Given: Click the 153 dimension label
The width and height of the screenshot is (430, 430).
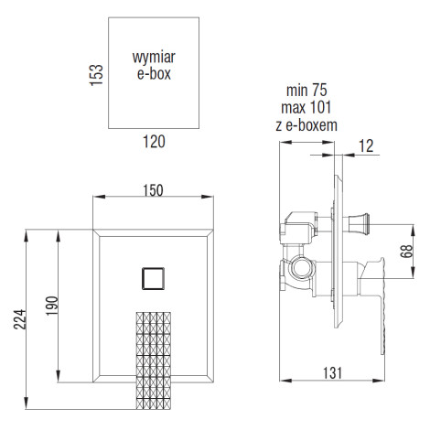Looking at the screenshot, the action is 96,75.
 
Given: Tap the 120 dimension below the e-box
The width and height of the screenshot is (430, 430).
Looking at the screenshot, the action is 154,142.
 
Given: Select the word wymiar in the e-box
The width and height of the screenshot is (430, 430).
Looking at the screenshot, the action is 154,58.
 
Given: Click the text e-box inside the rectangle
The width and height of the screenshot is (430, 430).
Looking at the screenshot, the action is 154,74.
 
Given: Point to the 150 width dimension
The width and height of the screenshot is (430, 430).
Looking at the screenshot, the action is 153,190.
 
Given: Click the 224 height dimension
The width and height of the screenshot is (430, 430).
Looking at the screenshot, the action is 20,319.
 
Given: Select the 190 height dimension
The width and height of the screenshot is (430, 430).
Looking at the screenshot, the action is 52,306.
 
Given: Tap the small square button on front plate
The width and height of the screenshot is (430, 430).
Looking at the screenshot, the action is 153,278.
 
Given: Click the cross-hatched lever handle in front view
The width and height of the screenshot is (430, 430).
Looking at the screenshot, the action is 153,360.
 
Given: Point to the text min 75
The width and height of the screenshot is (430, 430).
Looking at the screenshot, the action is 306,91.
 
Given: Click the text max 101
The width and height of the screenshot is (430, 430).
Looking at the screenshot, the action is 306,107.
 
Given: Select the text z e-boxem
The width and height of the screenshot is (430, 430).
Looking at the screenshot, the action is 306,125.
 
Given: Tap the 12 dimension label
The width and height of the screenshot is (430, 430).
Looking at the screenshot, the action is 366,146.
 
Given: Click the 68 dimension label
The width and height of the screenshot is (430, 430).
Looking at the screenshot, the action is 406,252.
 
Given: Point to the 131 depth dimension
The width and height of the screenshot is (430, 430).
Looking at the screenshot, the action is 332,373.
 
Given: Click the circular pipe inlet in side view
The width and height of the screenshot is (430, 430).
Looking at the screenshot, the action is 300,267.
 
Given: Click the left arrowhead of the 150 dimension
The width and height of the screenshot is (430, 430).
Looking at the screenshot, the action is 99,197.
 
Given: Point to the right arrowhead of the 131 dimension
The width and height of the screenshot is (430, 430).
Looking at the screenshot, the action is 378,381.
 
